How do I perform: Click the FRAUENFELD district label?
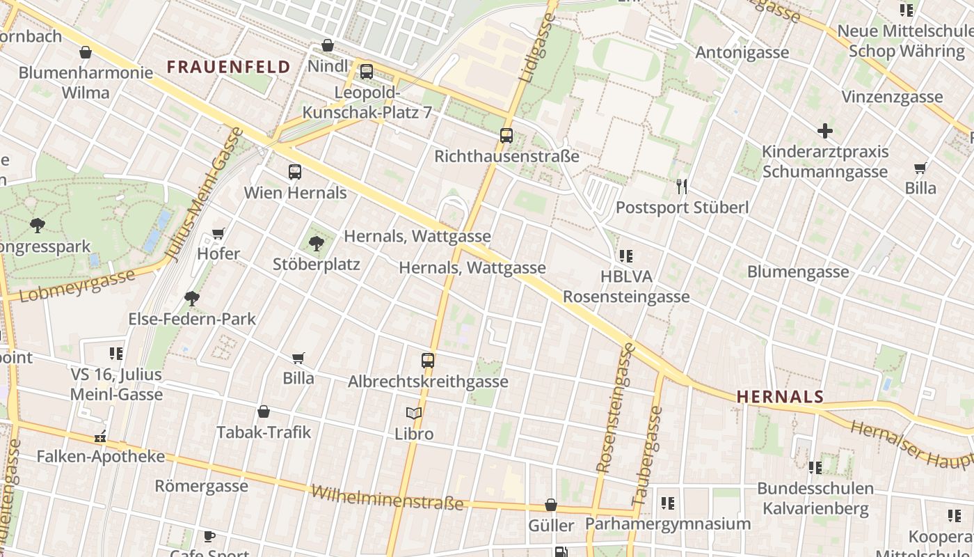pos(228,67)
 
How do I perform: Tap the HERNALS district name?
pos(780,397)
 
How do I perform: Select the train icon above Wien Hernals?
pos(295,172)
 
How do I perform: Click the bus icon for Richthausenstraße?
pos(506,136)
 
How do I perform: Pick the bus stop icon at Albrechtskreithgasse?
pos(428,361)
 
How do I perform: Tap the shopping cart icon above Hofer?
pos(218,233)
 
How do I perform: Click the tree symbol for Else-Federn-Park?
pos(192,299)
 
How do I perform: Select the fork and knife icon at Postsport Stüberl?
pos(682,186)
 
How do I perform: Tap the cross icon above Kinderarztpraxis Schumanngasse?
pos(825,131)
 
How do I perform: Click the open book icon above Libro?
pos(414,413)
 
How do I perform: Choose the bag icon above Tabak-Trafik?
pos(264,411)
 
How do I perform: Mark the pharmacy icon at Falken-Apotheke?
pos(101,437)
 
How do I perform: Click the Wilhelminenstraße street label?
pos(387,497)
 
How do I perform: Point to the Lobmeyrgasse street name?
pos(77,286)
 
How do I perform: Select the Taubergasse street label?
pos(647,455)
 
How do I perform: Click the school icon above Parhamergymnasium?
pos(668,503)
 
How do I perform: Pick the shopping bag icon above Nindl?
pos(328,46)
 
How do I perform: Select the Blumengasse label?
pos(798,272)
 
